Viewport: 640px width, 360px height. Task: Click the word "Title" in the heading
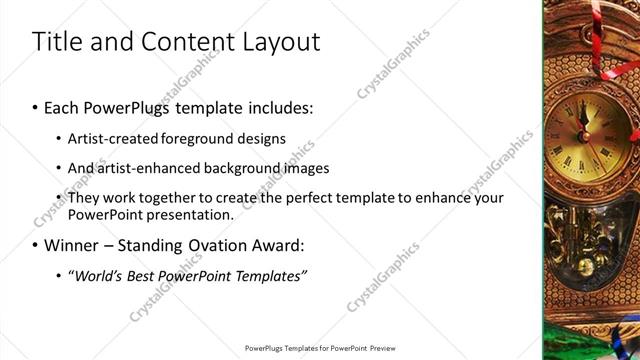(x=57, y=42)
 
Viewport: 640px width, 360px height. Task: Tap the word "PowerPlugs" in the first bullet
(x=128, y=105)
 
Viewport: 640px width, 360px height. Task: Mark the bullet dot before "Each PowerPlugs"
(x=36, y=106)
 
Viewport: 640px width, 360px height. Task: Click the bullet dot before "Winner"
(x=36, y=245)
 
